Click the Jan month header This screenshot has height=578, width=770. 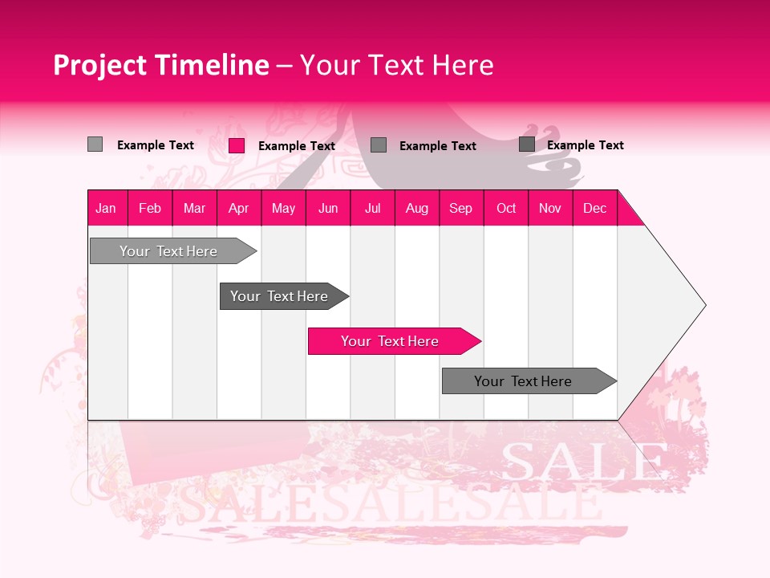[107, 208]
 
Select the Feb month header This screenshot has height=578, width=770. [150, 208]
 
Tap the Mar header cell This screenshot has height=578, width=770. [194, 208]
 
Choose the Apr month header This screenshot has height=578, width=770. [239, 208]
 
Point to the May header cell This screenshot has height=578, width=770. [283, 208]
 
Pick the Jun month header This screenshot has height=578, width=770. [328, 208]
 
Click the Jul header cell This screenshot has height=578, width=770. [372, 208]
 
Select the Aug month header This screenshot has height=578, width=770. [417, 208]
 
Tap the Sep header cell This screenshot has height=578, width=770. [461, 208]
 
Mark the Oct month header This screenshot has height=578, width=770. [506, 208]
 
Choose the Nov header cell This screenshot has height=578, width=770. [550, 208]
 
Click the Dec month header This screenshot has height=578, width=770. [595, 208]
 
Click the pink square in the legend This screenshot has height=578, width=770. [237, 145]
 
